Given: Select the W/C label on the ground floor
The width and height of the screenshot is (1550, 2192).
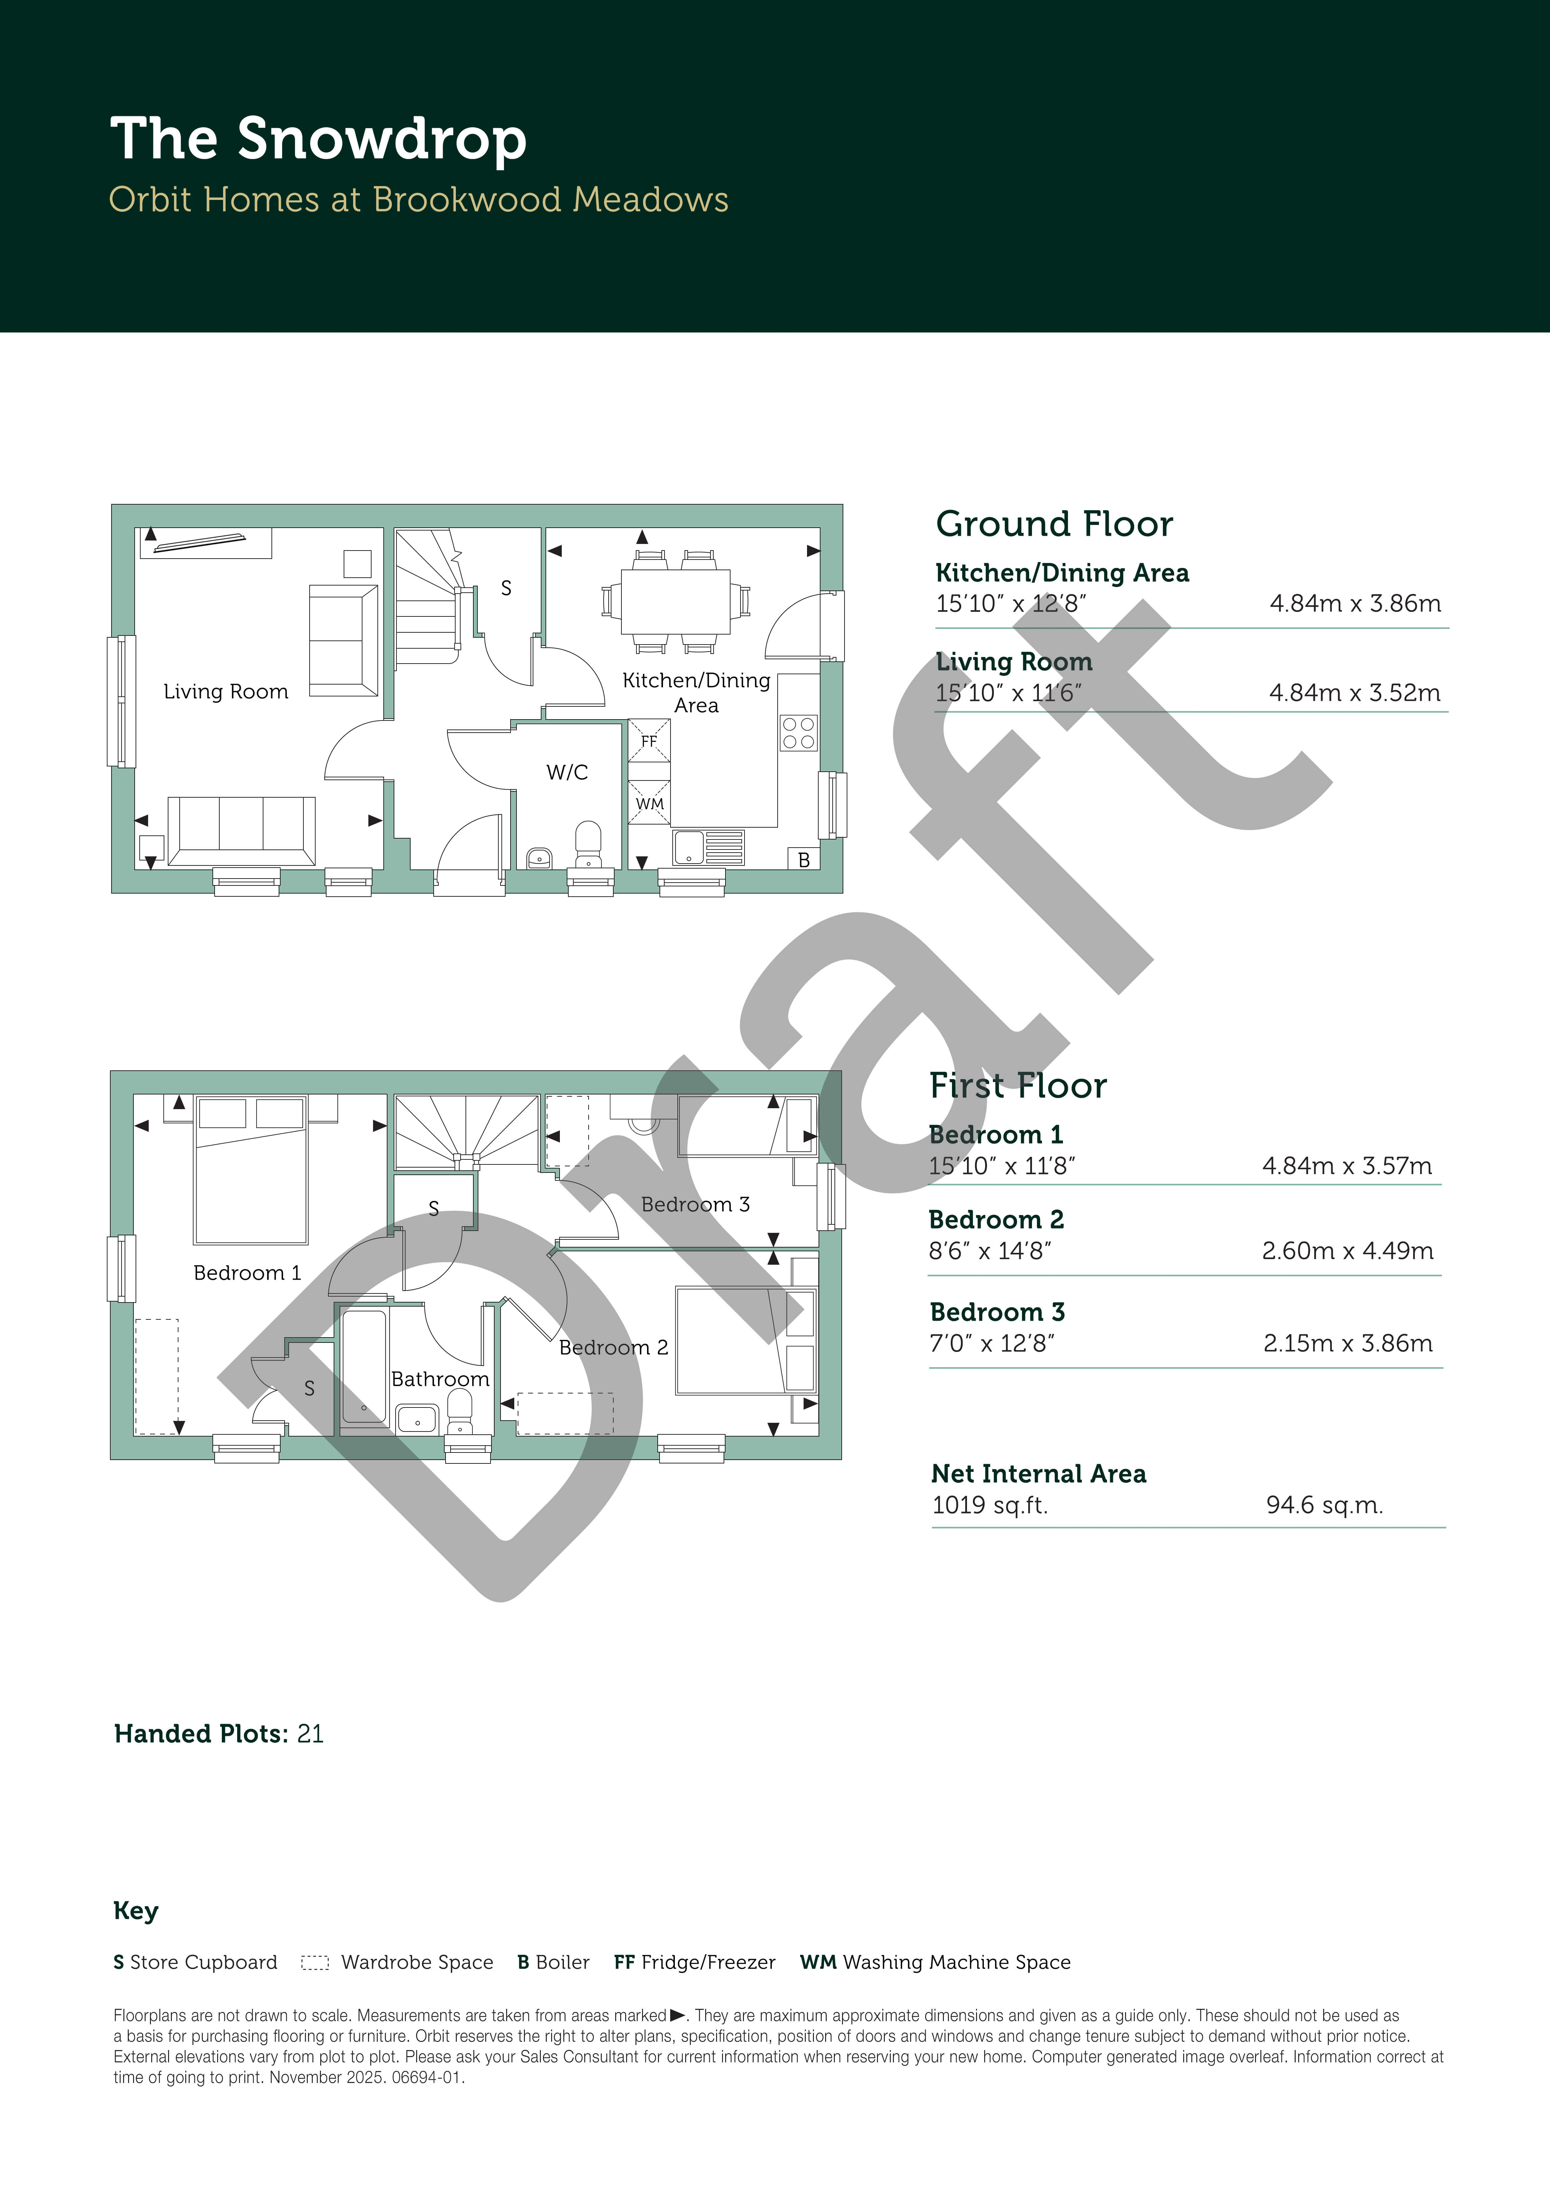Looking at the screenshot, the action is [x=567, y=772].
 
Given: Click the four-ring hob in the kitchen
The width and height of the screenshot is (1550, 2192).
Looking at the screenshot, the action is [x=798, y=732].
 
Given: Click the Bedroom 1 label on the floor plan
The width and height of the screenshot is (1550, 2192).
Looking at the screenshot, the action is [x=247, y=1273].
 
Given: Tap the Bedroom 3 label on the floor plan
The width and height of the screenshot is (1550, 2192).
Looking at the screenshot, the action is [x=695, y=1205].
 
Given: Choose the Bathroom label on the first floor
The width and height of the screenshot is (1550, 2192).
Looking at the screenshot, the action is [x=440, y=1379].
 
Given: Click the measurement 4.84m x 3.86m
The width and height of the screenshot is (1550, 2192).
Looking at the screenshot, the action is [x=1355, y=603].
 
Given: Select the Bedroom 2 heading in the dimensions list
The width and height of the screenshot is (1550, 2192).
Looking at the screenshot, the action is [x=996, y=1219].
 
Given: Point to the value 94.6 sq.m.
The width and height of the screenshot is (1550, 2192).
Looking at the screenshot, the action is [x=1325, y=1506].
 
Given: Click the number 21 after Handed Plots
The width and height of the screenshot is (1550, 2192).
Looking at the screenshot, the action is [x=310, y=1734].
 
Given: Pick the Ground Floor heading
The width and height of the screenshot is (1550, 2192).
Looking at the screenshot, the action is [x=1054, y=524].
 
